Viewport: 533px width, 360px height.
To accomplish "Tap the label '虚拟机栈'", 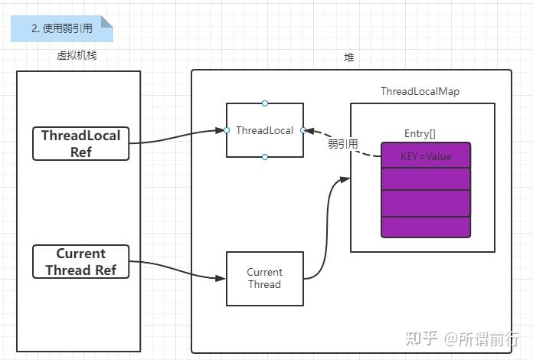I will pos(77,56).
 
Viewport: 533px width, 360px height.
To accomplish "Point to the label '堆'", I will pos(350,57).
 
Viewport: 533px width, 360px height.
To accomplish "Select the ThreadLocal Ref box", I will pos(81,143).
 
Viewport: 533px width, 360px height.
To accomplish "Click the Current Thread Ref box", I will pos(81,261).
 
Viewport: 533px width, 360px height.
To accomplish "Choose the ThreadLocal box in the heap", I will pos(265,130).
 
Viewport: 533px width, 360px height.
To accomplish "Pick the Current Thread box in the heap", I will pos(265,278).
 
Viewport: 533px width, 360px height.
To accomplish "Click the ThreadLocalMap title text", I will pos(420,92).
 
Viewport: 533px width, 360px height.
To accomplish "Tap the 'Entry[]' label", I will pos(420,134).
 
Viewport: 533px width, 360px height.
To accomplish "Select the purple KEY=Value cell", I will pos(426,156).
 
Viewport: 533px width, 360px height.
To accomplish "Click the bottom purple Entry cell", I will pos(426,227).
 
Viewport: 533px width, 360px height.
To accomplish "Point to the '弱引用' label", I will pos(342,144).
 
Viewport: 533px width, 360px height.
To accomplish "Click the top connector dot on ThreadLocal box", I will pos(265,103).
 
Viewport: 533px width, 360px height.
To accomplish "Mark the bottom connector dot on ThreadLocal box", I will pos(265,157).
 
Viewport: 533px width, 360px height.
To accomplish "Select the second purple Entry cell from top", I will pos(426,179).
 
